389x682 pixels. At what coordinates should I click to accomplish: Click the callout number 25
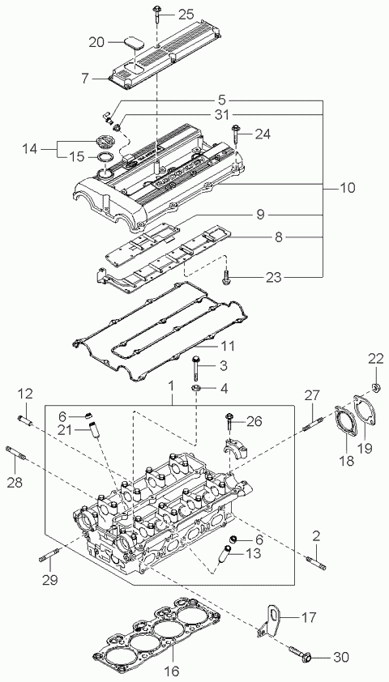pyautogui.click(x=186, y=15)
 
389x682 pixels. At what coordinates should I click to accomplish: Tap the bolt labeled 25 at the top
pyautogui.click(x=156, y=15)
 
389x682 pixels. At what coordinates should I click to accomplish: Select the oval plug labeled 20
pyautogui.click(x=134, y=44)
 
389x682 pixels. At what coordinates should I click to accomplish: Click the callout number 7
pyautogui.click(x=84, y=79)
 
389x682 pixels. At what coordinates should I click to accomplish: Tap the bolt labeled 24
pyautogui.click(x=236, y=134)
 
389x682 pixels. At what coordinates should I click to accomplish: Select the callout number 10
pyautogui.click(x=347, y=188)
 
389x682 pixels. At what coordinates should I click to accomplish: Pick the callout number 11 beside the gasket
pyautogui.click(x=228, y=346)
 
